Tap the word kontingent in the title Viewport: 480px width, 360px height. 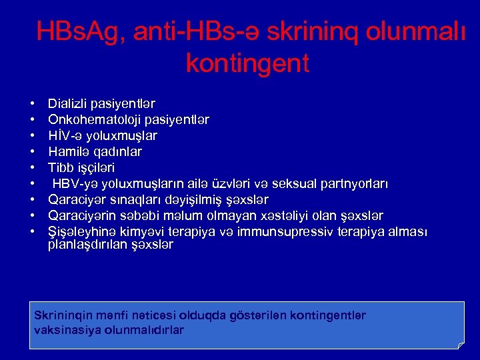tap(247, 63)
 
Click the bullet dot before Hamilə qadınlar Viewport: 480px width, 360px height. tap(32, 153)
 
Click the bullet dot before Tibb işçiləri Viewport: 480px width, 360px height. tap(32, 169)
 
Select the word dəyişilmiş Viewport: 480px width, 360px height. tap(189, 200)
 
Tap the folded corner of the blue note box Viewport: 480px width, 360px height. tap(459, 344)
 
